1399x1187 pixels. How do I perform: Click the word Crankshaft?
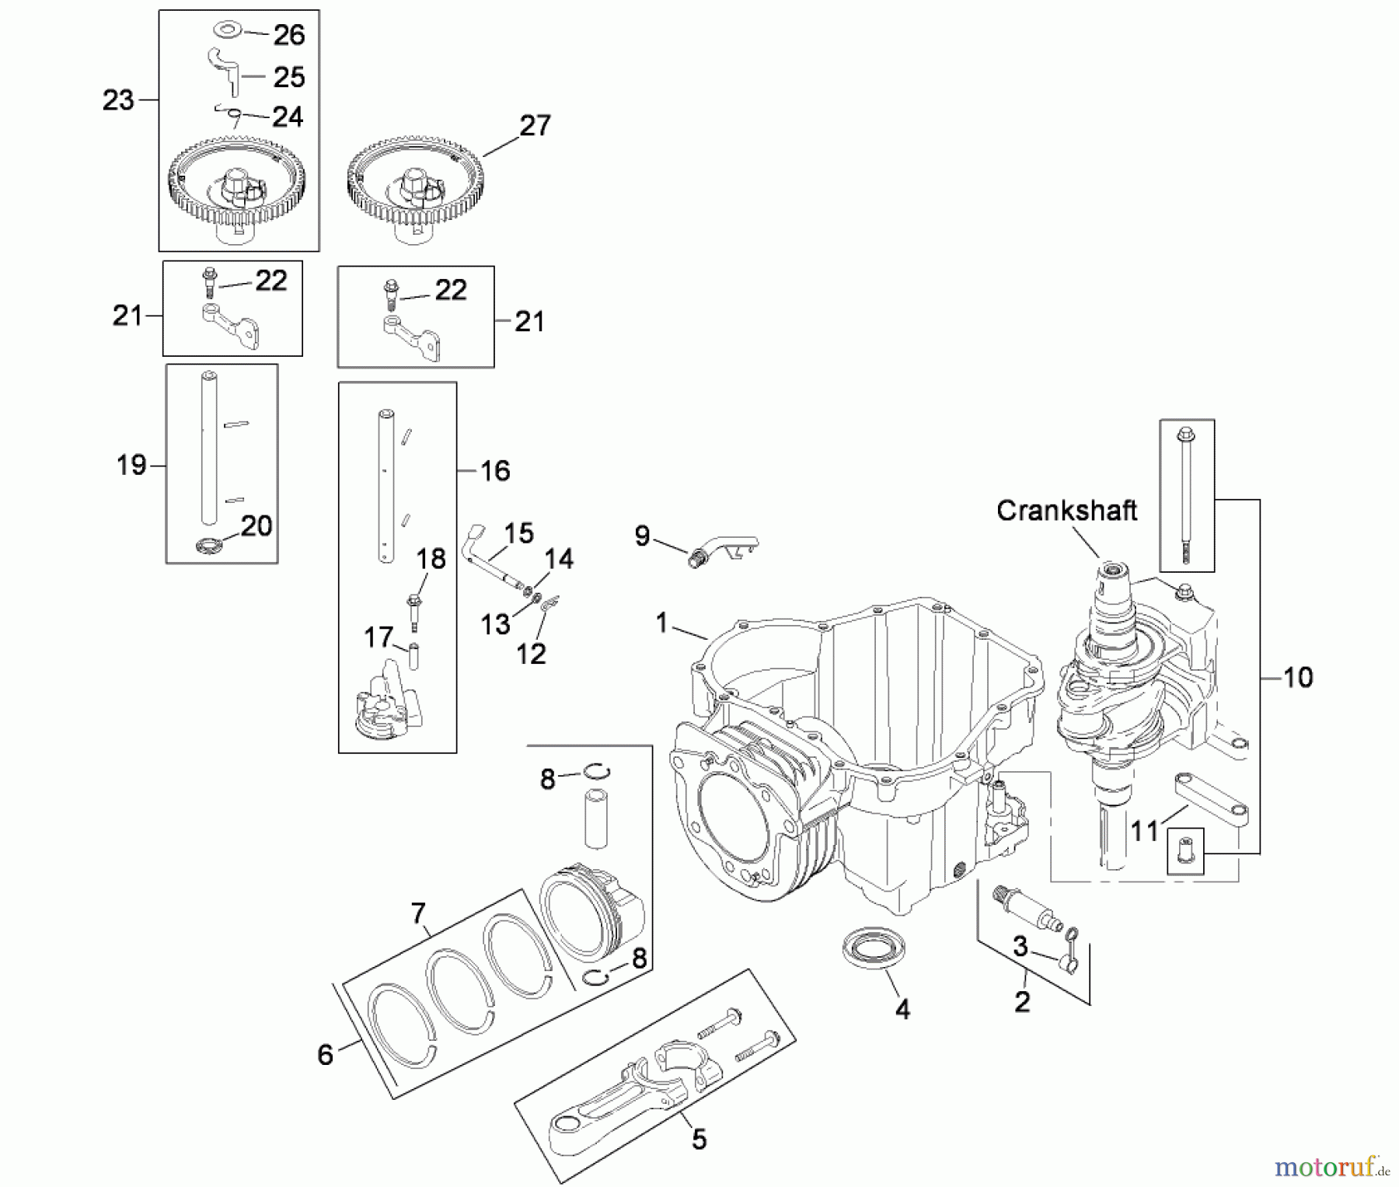coord(1066,511)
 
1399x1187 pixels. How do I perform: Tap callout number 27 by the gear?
coord(535,125)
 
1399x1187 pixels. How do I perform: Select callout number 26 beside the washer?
coord(288,34)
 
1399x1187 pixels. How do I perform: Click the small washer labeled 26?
coord(227,30)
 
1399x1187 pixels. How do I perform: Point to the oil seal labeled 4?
coord(873,948)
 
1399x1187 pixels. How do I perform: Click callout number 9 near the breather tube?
coord(642,536)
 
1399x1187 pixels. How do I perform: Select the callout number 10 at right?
coord(1297,677)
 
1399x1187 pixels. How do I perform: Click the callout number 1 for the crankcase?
coord(661,623)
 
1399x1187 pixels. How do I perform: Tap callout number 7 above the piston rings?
coord(418,913)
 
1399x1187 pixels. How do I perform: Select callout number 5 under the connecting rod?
coord(699,1140)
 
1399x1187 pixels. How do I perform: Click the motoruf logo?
coord(1331,1167)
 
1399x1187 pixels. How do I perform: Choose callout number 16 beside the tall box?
coord(495,470)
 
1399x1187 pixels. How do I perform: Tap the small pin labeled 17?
coord(414,655)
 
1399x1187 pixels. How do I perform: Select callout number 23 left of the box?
coord(118,100)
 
